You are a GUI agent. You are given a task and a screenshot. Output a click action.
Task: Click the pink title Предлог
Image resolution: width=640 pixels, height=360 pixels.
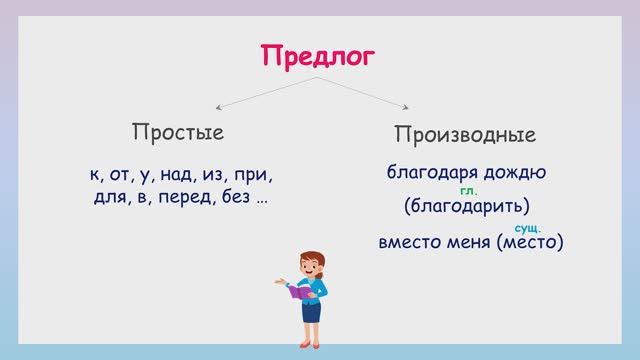click(x=319, y=56)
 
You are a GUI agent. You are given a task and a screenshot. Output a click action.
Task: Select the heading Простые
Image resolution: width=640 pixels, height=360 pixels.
click(x=178, y=133)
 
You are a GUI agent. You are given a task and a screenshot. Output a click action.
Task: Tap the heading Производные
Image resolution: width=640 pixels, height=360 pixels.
click(x=464, y=135)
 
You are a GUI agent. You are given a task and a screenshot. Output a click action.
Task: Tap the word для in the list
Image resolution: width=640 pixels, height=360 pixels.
click(x=105, y=198)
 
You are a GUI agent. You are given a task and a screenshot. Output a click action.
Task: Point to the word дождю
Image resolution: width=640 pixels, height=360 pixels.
click(x=515, y=172)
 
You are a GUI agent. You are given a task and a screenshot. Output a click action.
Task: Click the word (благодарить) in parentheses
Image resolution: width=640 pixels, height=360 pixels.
click(x=467, y=207)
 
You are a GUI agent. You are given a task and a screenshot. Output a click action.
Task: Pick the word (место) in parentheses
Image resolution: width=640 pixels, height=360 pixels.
click(x=529, y=242)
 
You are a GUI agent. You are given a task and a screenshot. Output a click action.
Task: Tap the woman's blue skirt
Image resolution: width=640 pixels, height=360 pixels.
click(x=311, y=311)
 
